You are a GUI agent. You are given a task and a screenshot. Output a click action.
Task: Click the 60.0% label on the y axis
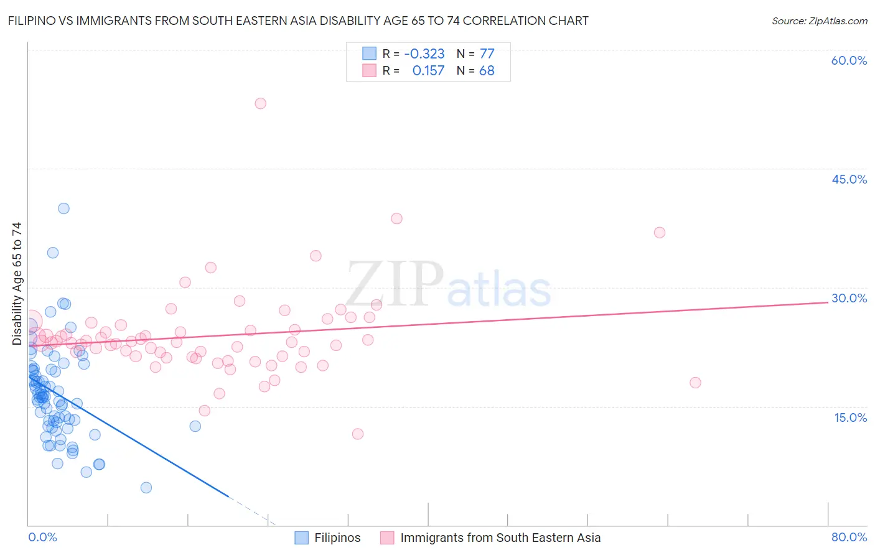(849, 60)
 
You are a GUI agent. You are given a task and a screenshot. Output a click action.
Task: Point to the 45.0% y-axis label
(849, 179)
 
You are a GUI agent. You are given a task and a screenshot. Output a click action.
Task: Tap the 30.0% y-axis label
(849, 298)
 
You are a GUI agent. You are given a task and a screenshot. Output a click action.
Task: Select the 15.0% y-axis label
(850, 417)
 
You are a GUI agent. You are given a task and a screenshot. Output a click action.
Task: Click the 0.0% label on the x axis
(42, 537)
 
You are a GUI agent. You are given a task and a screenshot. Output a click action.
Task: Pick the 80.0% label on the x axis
(849, 537)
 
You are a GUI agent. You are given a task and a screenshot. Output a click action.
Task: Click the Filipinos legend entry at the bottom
(337, 538)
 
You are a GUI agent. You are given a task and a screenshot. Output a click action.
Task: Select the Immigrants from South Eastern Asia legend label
(500, 538)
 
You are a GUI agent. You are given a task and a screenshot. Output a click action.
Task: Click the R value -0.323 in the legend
(424, 54)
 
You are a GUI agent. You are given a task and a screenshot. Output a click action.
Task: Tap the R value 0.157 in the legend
(428, 71)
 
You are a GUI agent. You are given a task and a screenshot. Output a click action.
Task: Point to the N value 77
(487, 54)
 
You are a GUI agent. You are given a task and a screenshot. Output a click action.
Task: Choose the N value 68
(487, 71)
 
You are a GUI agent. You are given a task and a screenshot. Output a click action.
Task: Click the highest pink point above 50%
(260, 103)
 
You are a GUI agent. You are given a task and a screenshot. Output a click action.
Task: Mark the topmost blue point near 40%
(63, 208)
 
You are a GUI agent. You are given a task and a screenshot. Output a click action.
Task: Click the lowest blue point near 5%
(146, 487)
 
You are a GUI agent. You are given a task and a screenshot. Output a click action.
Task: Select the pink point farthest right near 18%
(695, 383)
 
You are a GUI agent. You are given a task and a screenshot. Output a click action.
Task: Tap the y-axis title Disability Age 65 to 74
(17, 283)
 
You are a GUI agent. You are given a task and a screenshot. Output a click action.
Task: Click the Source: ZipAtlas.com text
(819, 21)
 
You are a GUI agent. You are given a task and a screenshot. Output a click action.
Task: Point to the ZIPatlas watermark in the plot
(448, 285)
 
